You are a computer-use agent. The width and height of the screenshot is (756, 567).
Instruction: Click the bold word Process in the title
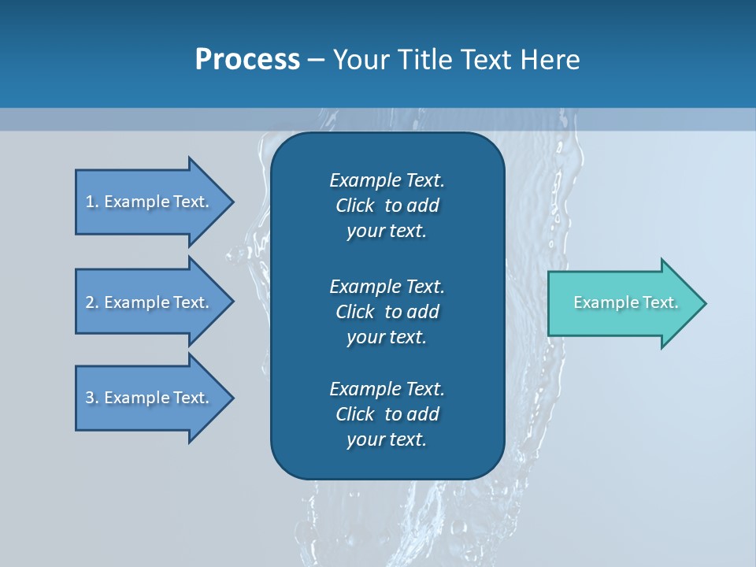[x=247, y=60]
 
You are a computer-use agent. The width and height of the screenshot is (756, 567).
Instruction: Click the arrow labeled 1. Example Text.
[x=150, y=202]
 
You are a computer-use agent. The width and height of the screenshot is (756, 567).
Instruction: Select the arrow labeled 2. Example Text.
[x=150, y=302]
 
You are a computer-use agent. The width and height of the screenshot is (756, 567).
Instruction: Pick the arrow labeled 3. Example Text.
[x=150, y=398]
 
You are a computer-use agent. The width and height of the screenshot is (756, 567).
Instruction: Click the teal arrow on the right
[x=622, y=303]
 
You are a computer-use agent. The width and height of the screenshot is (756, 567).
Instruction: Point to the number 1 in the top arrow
[x=90, y=202]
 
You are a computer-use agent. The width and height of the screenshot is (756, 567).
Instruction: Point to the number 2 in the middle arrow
[x=90, y=302]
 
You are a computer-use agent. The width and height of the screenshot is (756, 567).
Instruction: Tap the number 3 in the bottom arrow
[x=90, y=398]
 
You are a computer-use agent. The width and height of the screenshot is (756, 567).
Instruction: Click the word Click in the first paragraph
[x=354, y=206]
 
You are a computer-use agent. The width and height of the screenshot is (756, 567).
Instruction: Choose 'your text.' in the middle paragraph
[x=387, y=337]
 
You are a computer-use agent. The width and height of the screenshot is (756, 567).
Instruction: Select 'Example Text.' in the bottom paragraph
[x=387, y=389]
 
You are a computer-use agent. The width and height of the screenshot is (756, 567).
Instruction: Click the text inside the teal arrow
[x=625, y=302]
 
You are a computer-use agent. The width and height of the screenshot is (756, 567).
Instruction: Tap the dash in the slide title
[x=316, y=60]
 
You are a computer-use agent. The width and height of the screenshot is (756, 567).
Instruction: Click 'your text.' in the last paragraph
[x=387, y=439]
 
